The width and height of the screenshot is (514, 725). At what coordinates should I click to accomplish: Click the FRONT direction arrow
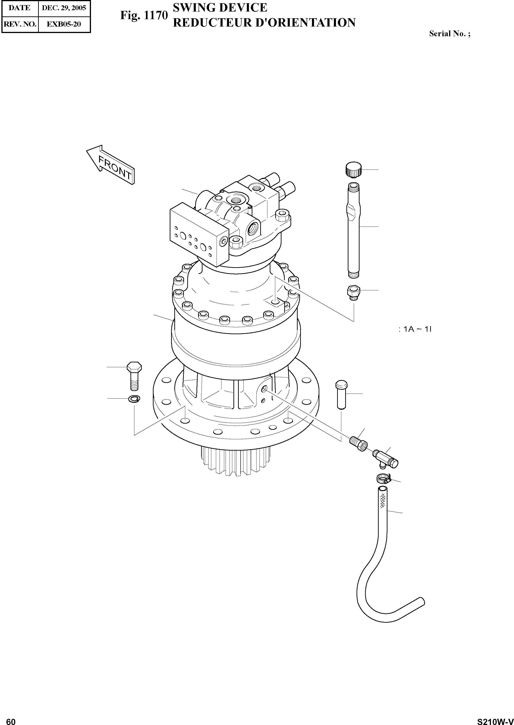click(x=111, y=165)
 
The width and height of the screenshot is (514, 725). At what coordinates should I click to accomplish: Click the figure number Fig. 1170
click(x=144, y=15)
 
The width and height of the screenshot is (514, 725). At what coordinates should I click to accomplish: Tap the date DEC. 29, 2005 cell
click(x=64, y=8)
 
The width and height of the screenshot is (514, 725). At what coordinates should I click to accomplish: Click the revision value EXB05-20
click(x=64, y=24)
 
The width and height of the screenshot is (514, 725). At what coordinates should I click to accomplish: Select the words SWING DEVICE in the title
click(x=220, y=7)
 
